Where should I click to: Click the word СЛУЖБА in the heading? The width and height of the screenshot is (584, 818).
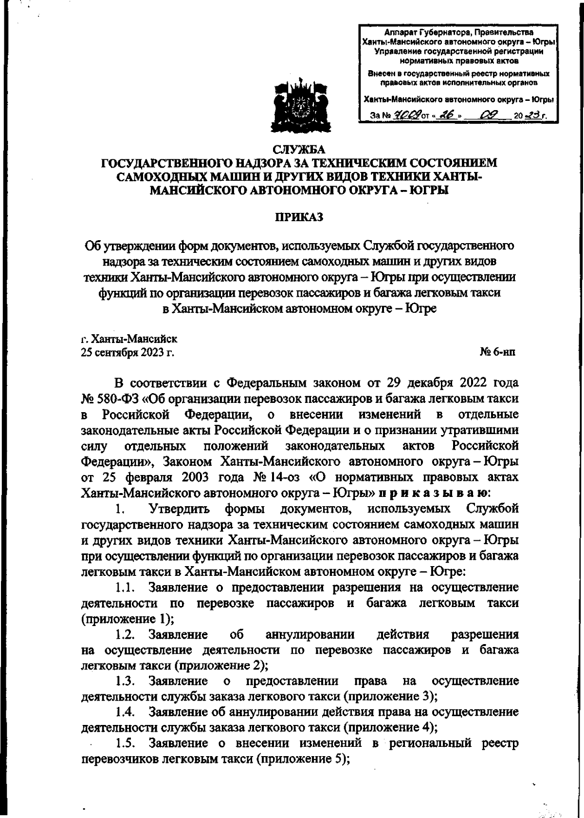point(299,149)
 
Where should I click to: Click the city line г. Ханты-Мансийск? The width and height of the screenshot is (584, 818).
point(129,338)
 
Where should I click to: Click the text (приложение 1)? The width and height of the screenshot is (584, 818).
point(128,619)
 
